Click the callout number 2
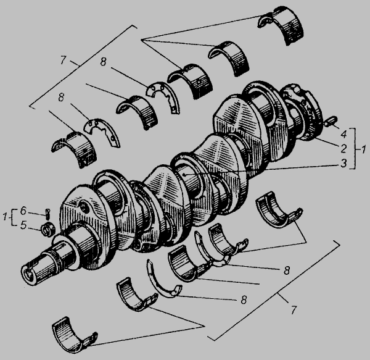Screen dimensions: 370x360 [343, 149]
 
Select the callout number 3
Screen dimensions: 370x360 [343, 163]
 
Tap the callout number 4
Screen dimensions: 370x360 [344, 134]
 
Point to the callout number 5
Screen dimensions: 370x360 [23, 225]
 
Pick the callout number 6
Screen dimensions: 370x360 [23, 211]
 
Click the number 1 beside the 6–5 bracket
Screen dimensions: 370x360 [5, 217]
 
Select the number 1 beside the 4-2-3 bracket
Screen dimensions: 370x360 [364, 149]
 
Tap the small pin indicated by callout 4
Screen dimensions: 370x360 [331, 121]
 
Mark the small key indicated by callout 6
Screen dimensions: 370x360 [48, 214]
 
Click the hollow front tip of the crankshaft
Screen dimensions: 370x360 [28, 274]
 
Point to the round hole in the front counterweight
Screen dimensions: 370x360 [84, 207]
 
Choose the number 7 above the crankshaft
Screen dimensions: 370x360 [62, 60]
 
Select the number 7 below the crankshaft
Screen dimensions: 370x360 [294, 310]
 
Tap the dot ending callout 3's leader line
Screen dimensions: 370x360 [184, 175]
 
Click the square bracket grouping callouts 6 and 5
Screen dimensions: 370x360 [13, 217]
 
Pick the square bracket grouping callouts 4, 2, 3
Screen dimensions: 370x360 [353, 149]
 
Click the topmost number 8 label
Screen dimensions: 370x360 [104, 62]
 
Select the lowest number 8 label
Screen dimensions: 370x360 [244, 299]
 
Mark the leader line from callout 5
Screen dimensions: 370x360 [35, 228]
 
